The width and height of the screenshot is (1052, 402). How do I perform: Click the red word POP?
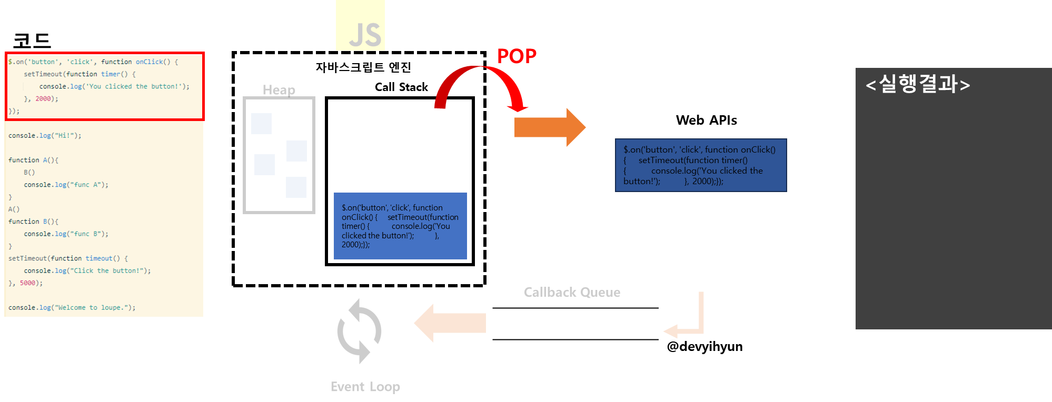click(x=517, y=56)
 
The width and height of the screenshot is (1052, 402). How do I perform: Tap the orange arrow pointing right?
click(x=549, y=127)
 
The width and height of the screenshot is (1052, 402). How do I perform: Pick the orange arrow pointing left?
click(x=450, y=323)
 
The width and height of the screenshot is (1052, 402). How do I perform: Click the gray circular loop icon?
click(x=359, y=331)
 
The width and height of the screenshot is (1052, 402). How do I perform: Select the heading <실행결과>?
click(x=917, y=84)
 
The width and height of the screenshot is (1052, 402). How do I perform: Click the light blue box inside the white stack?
click(x=400, y=226)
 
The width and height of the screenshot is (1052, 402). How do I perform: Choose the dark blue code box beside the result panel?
click(x=700, y=165)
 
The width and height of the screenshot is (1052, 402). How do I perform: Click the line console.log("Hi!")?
click(x=45, y=136)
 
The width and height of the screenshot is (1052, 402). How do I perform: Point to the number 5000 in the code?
click(x=27, y=283)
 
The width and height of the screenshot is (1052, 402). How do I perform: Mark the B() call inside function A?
click(x=29, y=173)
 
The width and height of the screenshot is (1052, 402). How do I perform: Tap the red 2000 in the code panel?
click(x=43, y=99)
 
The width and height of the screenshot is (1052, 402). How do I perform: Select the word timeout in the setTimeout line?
click(x=99, y=258)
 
